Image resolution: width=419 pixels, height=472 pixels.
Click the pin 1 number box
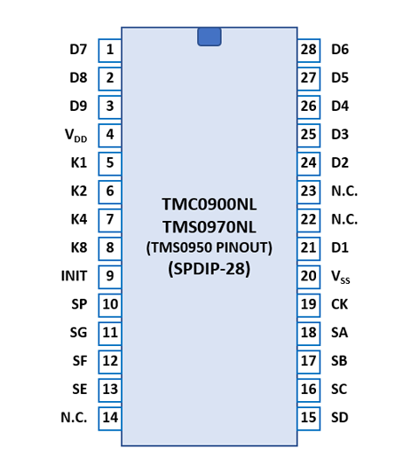(x=110, y=51)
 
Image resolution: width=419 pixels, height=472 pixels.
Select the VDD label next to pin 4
(x=76, y=135)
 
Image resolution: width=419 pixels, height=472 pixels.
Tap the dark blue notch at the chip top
(x=209, y=36)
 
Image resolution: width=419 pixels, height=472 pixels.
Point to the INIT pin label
(x=74, y=276)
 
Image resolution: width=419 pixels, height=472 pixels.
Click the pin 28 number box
(x=308, y=51)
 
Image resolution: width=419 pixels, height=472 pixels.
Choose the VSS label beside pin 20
(x=341, y=277)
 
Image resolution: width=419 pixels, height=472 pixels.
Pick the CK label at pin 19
(x=339, y=304)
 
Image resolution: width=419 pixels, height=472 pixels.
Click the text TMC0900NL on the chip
(x=209, y=204)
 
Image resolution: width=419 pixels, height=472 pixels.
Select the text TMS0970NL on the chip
(x=209, y=227)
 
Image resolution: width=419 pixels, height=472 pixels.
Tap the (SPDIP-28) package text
(x=209, y=269)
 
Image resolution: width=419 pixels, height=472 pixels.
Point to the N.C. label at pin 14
(x=74, y=418)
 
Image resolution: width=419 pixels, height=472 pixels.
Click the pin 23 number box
(x=308, y=192)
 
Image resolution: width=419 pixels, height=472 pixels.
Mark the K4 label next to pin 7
(x=79, y=219)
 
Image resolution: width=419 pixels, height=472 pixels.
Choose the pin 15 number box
(x=308, y=418)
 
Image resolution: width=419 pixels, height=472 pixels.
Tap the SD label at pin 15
(x=340, y=418)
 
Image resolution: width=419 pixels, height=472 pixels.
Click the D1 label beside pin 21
(x=340, y=248)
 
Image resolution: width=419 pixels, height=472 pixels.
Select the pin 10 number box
(x=110, y=305)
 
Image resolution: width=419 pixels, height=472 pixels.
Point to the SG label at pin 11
(x=79, y=333)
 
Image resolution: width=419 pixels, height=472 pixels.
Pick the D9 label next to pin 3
(x=79, y=106)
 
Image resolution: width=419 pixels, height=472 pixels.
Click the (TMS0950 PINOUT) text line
(x=209, y=248)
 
